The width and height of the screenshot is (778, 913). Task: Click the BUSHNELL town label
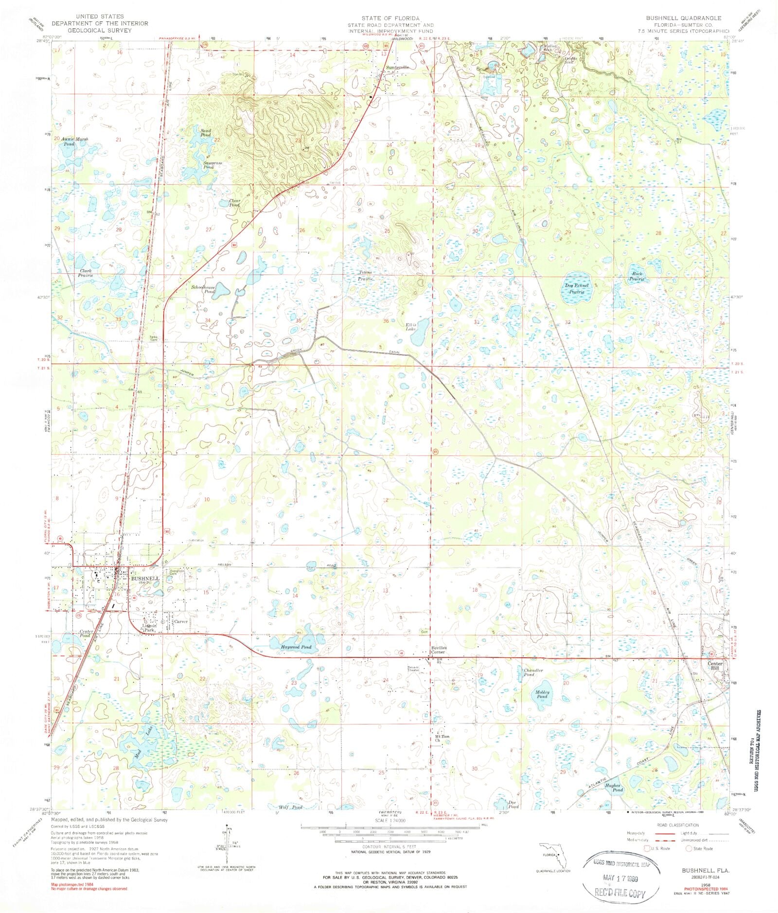click(145, 579)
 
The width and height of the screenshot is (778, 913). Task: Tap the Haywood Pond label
click(296, 647)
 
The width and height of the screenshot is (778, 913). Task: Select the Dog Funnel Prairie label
click(577, 289)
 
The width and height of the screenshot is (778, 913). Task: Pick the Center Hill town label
click(715, 666)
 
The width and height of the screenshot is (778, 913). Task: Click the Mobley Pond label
click(542, 694)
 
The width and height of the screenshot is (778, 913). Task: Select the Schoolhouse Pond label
click(203, 289)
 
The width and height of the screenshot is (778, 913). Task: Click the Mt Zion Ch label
click(442, 739)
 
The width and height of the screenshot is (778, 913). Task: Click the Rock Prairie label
click(637, 277)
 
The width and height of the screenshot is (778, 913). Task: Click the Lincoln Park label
click(148, 627)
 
